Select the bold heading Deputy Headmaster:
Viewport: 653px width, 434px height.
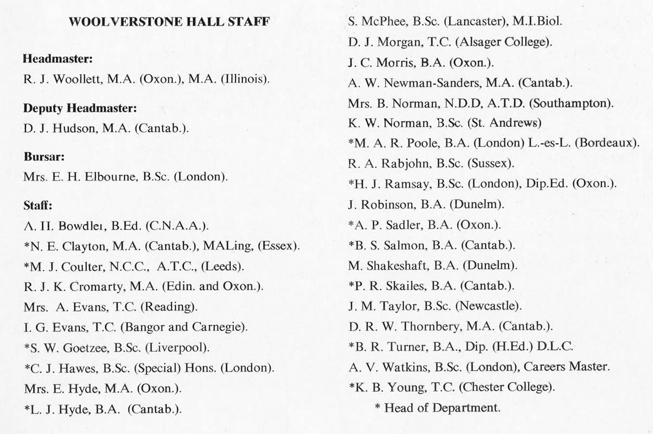click(x=80, y=108)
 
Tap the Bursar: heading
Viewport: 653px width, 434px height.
click(x=44, y=157)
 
